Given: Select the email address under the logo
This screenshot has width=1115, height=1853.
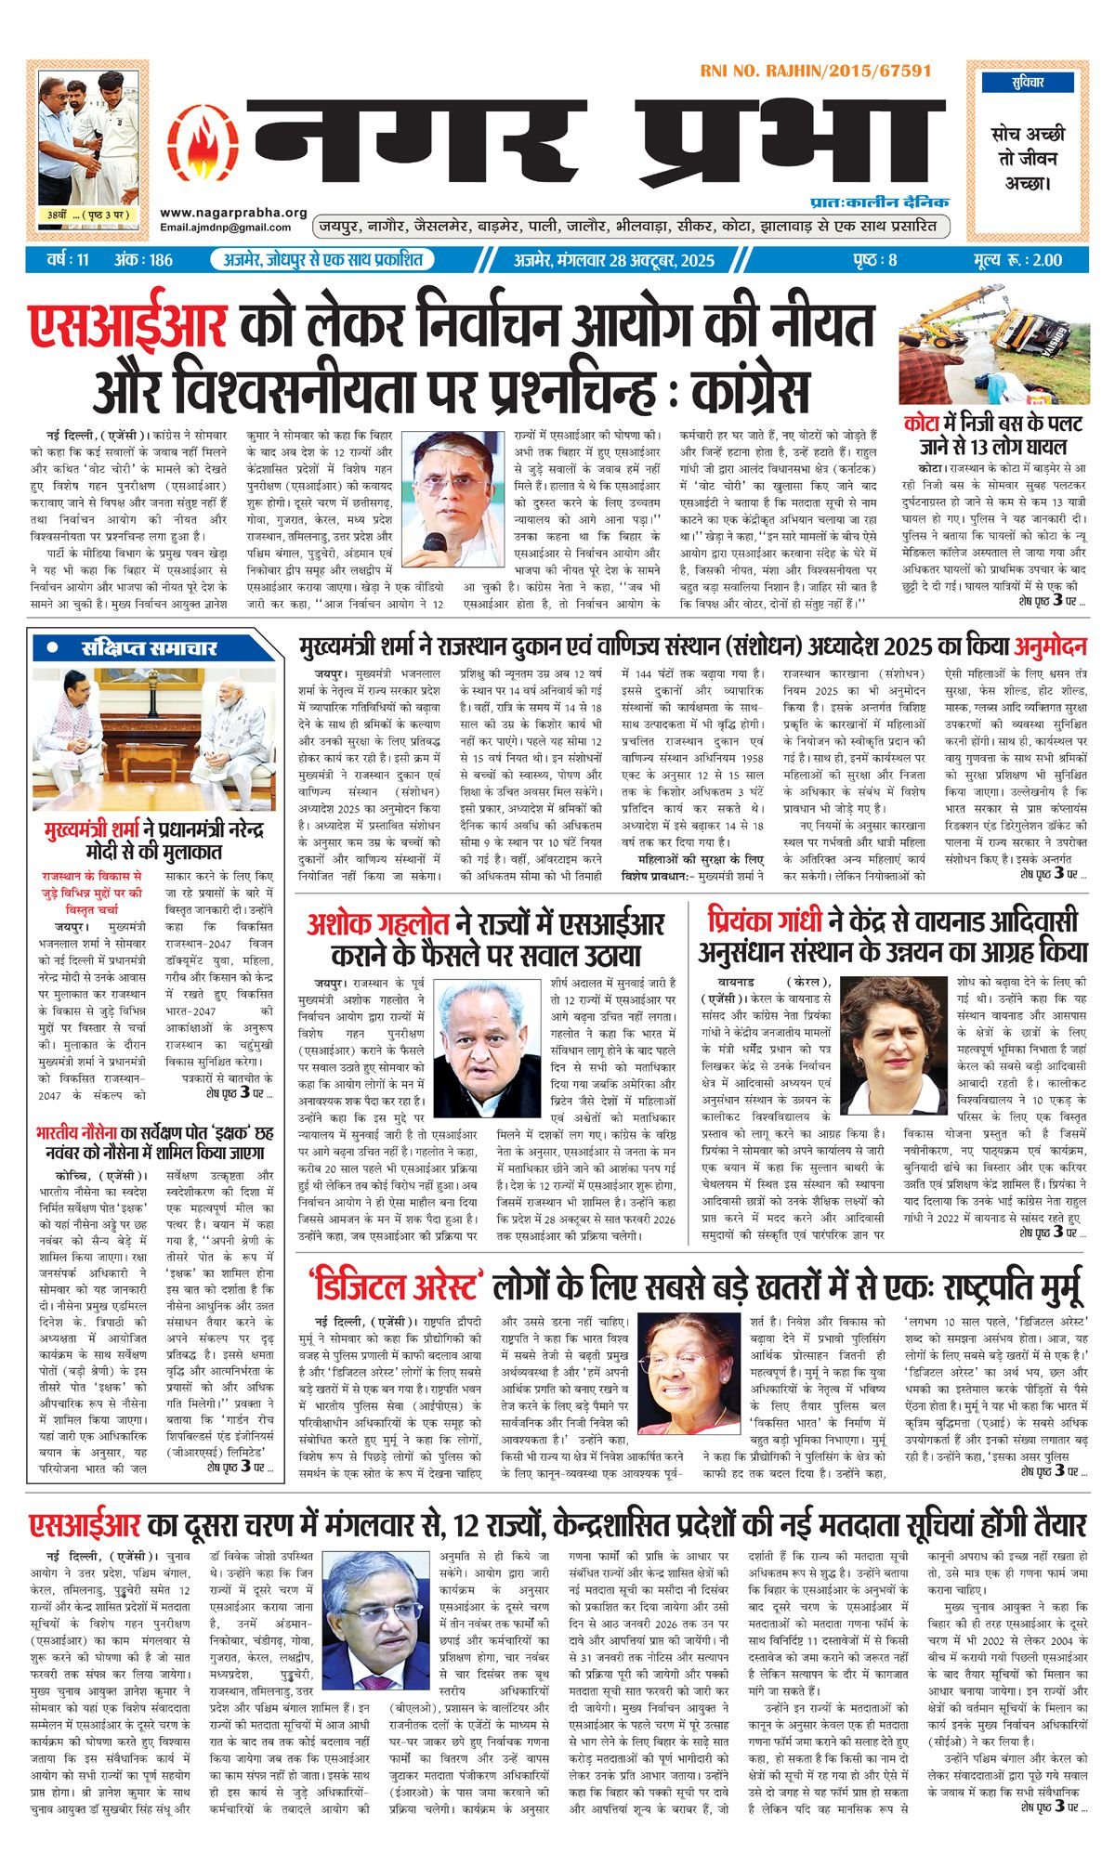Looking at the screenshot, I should point(226,228).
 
